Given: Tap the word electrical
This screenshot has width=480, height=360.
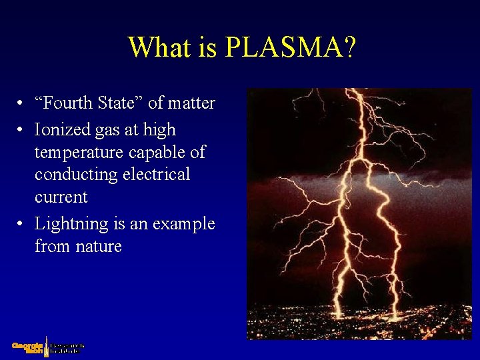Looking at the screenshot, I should point(157,175).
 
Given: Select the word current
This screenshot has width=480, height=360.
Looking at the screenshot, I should point(61,197).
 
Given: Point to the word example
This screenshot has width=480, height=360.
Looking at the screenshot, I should point(183,224).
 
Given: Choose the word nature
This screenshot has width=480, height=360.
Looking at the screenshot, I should point(97,247).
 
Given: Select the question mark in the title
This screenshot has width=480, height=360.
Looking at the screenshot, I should point(349,47).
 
